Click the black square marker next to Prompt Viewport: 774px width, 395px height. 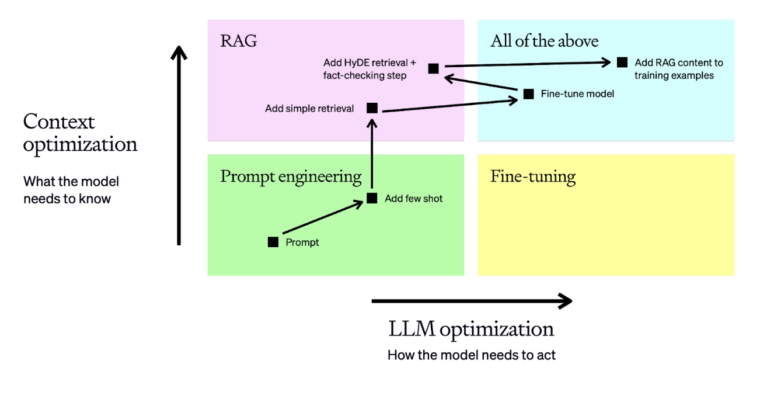[x=273, y=242]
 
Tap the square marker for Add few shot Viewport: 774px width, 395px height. [x=372, y=198]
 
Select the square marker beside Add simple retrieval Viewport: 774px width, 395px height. [x=372, y=108]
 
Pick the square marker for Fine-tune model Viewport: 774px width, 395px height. [x=528, y=93]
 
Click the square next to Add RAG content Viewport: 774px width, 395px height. [x=622, y=62]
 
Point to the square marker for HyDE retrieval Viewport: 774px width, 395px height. [x=433, y=68]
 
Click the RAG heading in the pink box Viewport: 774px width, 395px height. [x=238, y=41]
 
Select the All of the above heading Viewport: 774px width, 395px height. [x=544, y=41]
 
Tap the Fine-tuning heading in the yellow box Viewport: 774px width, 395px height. [x=532, y=176]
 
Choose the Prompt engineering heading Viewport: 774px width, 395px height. [x=291, y=176]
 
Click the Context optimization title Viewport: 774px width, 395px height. [x=80, y=133]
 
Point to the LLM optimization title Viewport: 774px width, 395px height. [x=471, y=329]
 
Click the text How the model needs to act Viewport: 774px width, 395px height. [x=471, y=355]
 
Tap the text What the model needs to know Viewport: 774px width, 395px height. [x=71, y=190]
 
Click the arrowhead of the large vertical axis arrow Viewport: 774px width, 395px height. [x=179, y=53]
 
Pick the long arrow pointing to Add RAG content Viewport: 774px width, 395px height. [x=525, y=64]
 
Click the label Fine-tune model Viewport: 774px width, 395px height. [x=577, y=93]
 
